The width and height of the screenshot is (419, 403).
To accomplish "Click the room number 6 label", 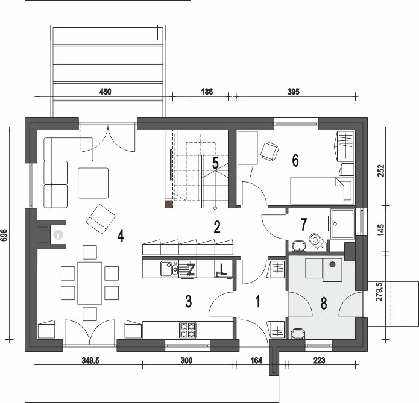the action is [x=295, y=161].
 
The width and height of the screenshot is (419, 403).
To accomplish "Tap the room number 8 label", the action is [x=324, y=303].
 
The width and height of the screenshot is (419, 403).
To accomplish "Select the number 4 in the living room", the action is [x=121, y=236].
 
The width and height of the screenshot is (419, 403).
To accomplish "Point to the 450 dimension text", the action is [x=105, y=92].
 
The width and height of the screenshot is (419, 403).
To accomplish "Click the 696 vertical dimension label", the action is [x=4, y=235].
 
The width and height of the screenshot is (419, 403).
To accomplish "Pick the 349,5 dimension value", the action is [x=90, y=361].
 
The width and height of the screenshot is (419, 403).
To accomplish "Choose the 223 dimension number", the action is [x=319, y=361].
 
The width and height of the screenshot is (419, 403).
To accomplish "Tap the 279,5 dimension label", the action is [x=379, y=292].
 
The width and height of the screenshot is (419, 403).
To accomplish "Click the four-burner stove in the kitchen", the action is [x=187, y=330].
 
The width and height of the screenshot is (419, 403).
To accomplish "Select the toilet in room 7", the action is [x=318, y=242].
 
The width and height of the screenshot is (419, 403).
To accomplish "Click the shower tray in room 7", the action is [x=342, y=224].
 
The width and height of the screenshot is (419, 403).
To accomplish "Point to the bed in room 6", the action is [x=322, y=190].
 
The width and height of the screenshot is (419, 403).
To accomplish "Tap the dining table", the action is [x=89, y=283].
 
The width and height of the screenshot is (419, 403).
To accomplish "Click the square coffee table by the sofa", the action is [x=93, y=183].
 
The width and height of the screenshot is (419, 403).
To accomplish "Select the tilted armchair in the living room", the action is [x=101, y=219].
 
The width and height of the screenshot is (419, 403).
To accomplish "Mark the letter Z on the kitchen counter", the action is [x=191, y=269].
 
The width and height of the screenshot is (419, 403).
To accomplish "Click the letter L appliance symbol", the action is [x=223, y=269].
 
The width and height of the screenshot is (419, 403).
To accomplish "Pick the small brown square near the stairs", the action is [x=169, y=204].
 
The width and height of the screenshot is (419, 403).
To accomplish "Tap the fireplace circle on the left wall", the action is [x=58, y=234].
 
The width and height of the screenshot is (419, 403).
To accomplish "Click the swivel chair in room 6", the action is [x=269, y=151].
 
